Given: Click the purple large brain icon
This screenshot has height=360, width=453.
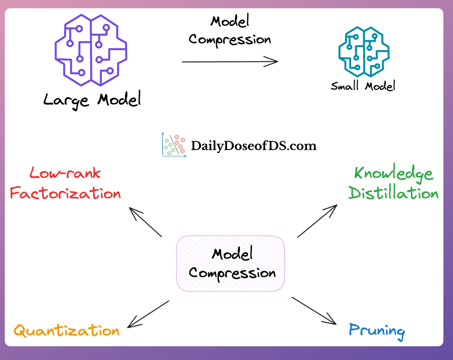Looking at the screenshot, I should (91, 50).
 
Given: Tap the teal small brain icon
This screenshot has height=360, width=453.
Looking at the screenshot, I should (364, 52).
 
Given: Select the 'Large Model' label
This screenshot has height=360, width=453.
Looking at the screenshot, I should (92, 100).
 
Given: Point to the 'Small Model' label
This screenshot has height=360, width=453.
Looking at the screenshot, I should (363, 86).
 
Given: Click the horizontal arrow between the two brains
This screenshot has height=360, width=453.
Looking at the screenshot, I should (230, 62).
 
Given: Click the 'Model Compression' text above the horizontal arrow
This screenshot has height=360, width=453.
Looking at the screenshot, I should (230, 31).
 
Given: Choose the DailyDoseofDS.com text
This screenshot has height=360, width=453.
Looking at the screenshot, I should (253, 146).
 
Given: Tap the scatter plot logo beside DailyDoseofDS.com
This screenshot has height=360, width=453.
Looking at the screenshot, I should (174, 145).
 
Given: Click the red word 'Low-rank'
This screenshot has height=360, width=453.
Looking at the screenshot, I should (65, 173).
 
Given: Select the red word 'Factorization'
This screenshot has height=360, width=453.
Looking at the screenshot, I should (65, 193).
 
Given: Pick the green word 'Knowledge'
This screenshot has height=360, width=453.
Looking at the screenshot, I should (393, 173).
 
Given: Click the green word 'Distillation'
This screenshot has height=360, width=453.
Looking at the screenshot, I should (393, 193).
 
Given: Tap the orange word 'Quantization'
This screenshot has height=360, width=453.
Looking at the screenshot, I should (67, 331).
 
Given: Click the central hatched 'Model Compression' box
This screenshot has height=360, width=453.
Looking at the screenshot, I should (230, 264).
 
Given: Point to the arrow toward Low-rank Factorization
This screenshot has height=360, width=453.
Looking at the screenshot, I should (145, 222).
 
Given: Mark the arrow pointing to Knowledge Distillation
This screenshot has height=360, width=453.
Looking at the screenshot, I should (317, 221).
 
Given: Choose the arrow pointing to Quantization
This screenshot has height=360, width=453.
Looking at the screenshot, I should (148, 314).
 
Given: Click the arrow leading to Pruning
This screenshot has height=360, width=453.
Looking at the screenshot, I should (314, 311).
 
